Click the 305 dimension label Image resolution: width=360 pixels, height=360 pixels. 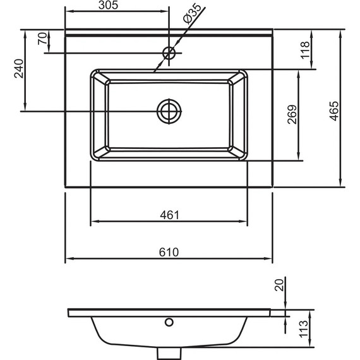click(108, 5)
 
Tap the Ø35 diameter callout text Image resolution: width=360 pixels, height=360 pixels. click(193, 13)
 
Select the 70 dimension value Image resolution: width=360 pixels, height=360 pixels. click(42, 39)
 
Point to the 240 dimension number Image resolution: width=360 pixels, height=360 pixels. click(19, 69)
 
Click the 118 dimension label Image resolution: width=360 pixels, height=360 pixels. click(305, 51)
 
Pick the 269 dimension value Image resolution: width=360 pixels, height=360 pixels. click(292, 114)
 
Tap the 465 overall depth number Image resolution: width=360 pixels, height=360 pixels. click(334, 111)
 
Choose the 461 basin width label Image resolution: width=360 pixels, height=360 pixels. click(169, 215)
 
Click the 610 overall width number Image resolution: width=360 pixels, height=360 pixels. click(169, 252)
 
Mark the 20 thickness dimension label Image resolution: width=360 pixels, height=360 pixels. click(279, 285)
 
